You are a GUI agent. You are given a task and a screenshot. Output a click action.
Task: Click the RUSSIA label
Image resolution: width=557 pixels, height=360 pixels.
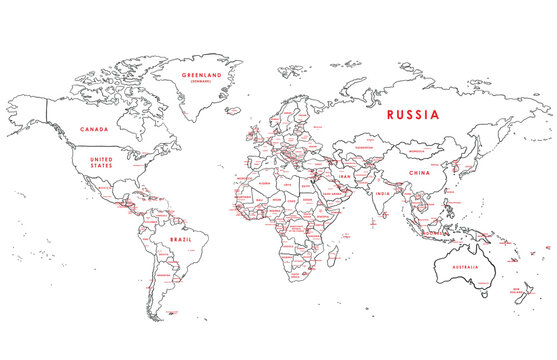pos(412,115)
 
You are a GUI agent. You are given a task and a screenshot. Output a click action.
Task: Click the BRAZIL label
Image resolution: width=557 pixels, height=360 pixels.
pos(181,240)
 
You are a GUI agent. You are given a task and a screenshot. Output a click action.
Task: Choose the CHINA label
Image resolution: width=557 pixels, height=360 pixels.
pos(420,172)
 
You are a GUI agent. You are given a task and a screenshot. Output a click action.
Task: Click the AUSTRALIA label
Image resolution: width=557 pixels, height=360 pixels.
pos(462,267)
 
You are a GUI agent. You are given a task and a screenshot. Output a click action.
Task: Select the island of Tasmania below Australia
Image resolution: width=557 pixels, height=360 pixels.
pos(484,295)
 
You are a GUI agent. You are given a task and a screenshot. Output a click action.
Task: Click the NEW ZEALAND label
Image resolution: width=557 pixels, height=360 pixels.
pos(520,290)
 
